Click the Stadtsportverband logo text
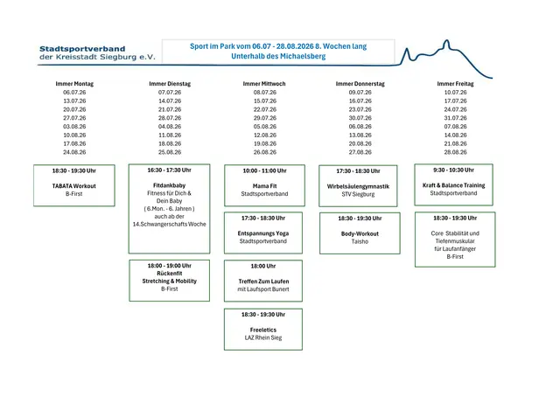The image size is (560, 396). click(82, 49)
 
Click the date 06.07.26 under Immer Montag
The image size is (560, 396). click(74, 93)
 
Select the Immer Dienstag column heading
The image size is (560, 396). click(170, 84)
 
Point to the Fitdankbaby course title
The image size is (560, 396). click(169, 185)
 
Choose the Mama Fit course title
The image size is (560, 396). click(264, 186)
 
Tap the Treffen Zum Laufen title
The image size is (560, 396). click(263, 281)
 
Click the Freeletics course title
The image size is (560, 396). click(263, 330)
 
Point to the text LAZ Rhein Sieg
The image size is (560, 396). click(263, 337)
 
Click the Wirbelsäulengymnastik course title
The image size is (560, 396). click(358, 186)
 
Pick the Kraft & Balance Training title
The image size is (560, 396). click(454, 185)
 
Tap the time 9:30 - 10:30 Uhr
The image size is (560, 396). click(454, 170)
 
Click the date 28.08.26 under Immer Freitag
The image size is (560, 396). click(455, 152)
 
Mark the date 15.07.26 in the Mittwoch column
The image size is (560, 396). click(265, 101)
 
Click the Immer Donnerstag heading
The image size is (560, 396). click(360, 84)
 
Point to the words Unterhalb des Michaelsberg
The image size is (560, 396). click(278, 56)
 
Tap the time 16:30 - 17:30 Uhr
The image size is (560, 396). click(169, 170)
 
